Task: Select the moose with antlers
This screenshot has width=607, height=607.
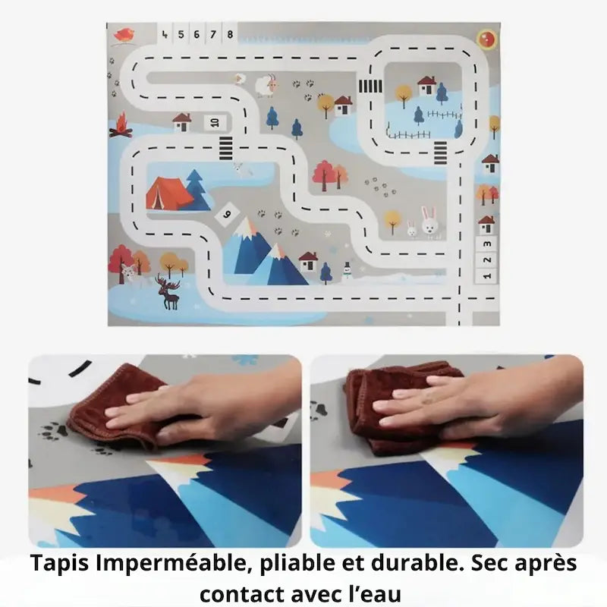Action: [x=168, y=291]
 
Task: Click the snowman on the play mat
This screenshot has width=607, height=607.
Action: [x=347, y=269]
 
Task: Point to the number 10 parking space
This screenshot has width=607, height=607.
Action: [x=215, y=123]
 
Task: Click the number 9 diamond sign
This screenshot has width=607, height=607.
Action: [x=227, y=214]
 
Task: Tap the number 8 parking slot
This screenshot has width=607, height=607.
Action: [x=230, y=34]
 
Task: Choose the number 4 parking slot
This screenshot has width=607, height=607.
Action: [x=165, y=34]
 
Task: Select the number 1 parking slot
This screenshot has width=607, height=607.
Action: [x=486, y=275]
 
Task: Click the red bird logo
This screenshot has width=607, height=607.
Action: [x=124, y=36]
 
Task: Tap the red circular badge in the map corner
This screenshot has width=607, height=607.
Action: [x=487, y=39]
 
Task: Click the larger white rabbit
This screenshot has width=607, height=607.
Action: [x=429, y=221]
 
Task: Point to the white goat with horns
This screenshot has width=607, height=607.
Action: [x=267, y=86]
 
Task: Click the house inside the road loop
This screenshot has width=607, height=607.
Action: [x=427, y=86]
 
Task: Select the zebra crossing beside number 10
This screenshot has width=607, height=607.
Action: [x=226, y=148]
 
